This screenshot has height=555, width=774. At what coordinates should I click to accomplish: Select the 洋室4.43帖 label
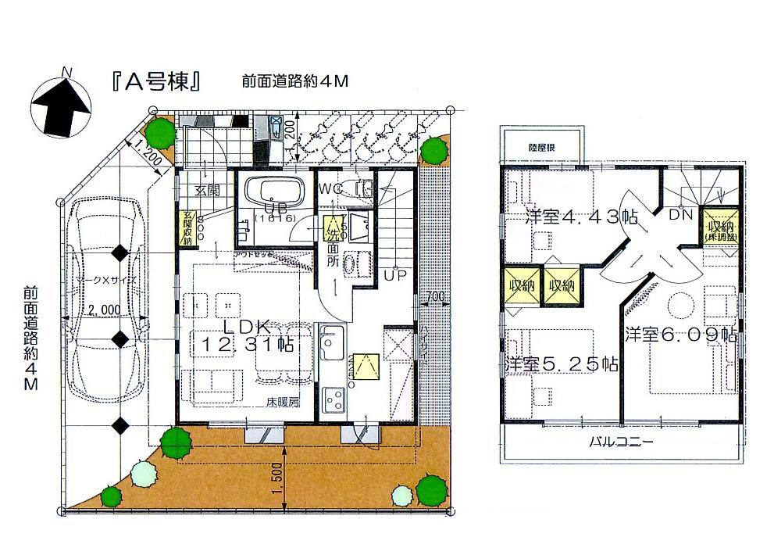(x=571, y=217)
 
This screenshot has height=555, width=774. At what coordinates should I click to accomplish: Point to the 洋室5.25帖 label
(x=562, y=364)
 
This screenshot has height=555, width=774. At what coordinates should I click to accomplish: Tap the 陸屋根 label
(x=540, y=146)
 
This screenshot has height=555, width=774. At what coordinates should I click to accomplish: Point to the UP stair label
(x=392, y=276)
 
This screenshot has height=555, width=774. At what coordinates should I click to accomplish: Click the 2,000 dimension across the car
(x=104, y=310)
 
